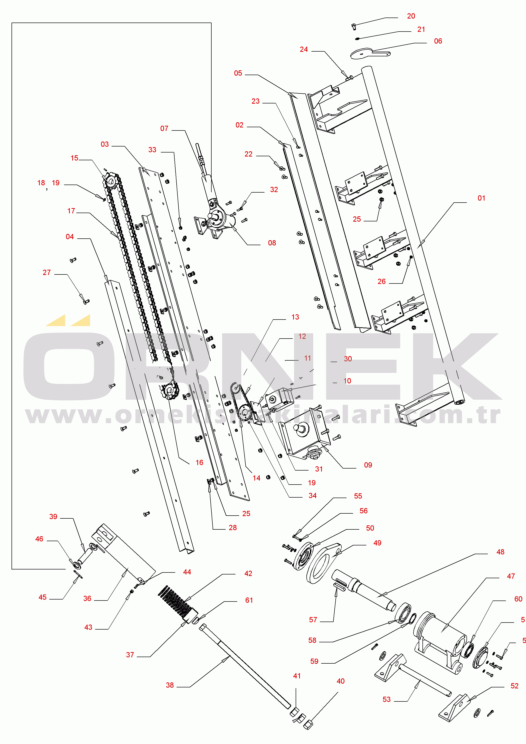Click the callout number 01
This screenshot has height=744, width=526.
click(481, 198)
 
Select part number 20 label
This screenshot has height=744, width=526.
click(411, 16)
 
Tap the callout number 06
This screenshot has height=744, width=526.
click(438, 41)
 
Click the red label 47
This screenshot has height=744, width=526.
click(511, 576)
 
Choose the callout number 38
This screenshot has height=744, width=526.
click(170, 685)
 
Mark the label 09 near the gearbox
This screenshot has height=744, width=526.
click(368, 465)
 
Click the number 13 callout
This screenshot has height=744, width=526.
click(295, 317)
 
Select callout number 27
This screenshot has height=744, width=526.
click(47, 272)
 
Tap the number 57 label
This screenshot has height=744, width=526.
click(313, 620)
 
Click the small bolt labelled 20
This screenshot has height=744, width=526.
click(353, 26)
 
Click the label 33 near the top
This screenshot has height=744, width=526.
click(152, 150)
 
